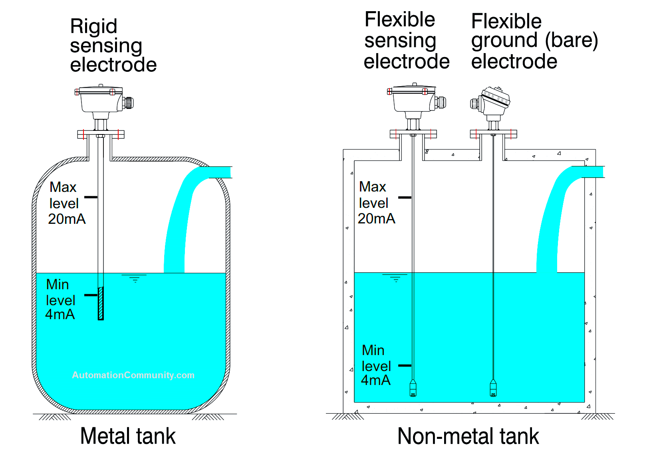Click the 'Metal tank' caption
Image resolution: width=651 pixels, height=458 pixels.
point(128,436)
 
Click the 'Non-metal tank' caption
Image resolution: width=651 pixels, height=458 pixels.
point(468,436)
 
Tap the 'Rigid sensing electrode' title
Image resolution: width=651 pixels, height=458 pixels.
point(113,45)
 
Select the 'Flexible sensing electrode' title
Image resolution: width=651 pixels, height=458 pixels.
point(406,41)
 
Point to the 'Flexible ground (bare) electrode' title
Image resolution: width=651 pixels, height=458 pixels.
point(534,41)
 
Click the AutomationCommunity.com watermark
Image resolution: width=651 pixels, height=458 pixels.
point(133,375)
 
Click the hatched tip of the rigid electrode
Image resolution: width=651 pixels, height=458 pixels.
point(101,303)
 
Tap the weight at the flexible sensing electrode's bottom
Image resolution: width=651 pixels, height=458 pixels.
point(413,388)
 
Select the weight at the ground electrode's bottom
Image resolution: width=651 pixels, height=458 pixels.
point(493,388)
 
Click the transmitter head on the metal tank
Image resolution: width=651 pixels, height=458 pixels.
point(102,100)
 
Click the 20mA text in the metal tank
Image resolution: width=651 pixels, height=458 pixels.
point(67,219)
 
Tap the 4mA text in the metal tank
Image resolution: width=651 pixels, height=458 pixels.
point(60,314)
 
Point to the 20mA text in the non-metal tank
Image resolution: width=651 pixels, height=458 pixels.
point(376,219)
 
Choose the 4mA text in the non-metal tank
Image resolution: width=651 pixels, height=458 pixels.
point(375,380)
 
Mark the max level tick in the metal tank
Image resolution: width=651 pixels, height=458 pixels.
point(91,197)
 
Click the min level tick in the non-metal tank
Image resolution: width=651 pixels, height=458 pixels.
point(405,365)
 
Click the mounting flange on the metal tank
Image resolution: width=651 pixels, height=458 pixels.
point(101,134)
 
